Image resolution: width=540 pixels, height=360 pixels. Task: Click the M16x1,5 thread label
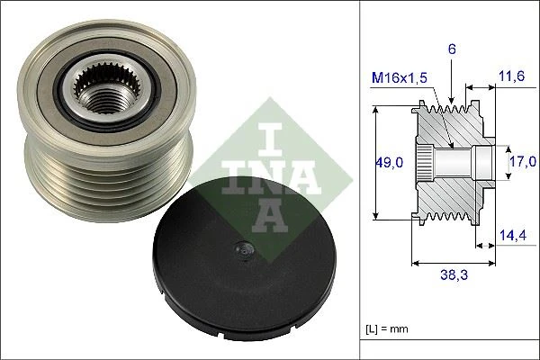[x=399, y=78]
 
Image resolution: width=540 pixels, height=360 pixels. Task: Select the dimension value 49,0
[x=389, y=162]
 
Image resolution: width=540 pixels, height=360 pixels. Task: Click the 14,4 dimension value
[x=512, y=236]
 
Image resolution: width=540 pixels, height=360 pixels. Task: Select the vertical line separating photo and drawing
[x=359, y=180]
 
